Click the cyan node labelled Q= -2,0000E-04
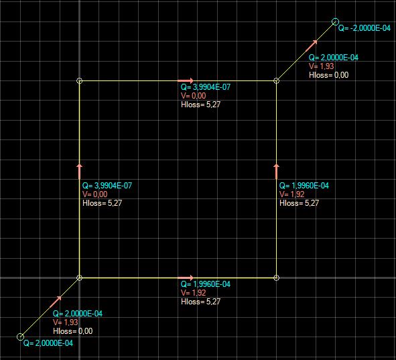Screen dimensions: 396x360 (x=335, y=21)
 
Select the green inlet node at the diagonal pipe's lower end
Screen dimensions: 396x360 (x=20, y=337)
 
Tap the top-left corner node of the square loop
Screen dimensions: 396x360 (x=79, y=81)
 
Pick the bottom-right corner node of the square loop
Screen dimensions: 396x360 (x=276, y=278)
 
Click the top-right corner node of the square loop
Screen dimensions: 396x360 (x=276, y=81)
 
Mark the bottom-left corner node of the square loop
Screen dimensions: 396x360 (x=79, y=278)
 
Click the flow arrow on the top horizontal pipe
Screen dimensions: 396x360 (x=186, y=81)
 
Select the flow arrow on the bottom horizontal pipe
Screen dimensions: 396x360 (x=186, y=278)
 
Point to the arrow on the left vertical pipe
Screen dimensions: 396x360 (x=79, y=172)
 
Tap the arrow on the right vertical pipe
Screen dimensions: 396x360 (x=276, y=172)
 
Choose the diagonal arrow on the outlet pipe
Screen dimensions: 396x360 (x=312, y=46)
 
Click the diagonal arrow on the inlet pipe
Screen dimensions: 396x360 (x=56, y=302)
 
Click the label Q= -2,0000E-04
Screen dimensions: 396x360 (x=365, y=28)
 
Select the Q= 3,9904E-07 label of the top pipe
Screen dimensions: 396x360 (x=206, y=87)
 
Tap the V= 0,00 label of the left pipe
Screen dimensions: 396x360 (x=95, y=194)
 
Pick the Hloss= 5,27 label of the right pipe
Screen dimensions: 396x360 (x=300, y=203)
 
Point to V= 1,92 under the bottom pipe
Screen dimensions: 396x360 (x=194, y=293)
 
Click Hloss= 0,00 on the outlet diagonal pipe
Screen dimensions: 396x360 (x=329, y=75)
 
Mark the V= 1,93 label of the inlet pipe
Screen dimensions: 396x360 (x=66, y=322)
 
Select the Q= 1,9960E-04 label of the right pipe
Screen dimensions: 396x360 (x=304, y=186)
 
